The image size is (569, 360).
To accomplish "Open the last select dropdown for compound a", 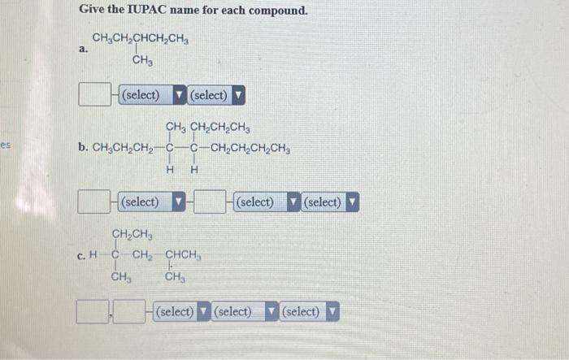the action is (215, 95).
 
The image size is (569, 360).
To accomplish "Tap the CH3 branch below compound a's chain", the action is (144, 61).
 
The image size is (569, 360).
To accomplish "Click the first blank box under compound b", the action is (95, 201).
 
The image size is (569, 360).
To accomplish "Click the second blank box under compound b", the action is (211, 201).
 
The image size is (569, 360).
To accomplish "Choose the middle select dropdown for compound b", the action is (265, 201).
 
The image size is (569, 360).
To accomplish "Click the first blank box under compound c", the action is (92, 311).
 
